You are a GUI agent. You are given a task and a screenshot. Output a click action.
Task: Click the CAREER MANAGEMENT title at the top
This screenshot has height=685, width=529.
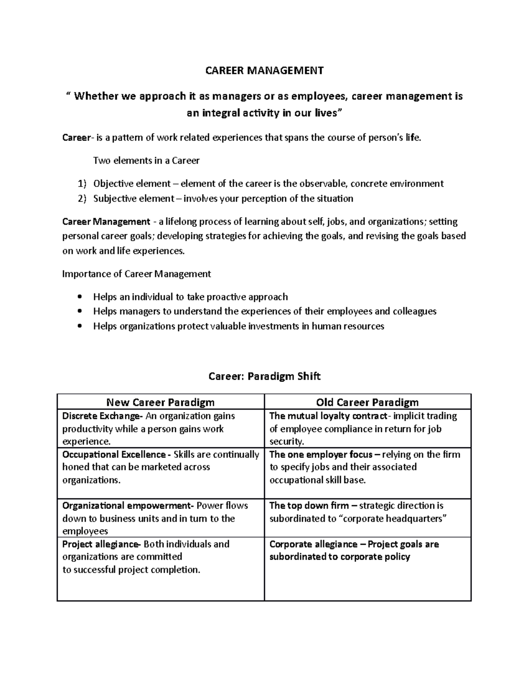coord(264,71)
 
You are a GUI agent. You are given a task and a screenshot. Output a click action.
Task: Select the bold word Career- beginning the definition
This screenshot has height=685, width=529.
coord(78,138)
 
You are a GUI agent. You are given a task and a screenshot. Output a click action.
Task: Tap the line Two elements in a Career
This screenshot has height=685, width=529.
coord(146,161)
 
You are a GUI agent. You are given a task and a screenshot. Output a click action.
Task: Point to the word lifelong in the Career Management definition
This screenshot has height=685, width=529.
coord(181,221)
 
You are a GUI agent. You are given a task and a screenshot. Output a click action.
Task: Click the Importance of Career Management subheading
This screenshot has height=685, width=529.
coord(137,274)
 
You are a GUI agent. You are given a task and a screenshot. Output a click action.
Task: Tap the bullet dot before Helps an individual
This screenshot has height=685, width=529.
coord(79,297)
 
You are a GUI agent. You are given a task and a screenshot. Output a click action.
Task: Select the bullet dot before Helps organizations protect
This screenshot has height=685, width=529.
coord(79,326)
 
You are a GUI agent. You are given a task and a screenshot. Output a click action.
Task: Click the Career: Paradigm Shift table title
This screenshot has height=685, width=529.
coord(264,376)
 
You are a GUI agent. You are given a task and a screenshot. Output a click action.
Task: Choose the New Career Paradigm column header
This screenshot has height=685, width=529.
coord(160,402)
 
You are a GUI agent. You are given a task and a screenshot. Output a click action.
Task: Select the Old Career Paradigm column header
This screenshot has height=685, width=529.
coord(367,402)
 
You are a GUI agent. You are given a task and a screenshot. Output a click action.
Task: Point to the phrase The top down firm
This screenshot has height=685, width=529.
coord(309,505)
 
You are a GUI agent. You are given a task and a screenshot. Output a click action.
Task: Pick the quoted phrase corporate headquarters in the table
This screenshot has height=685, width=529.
coord(395,519)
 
